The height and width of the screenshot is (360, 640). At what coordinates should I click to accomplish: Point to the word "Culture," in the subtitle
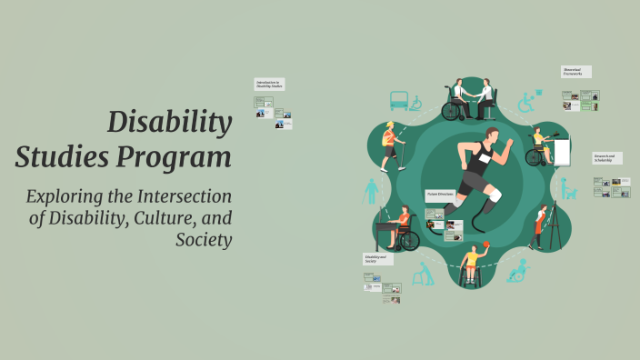(x=166, y=218)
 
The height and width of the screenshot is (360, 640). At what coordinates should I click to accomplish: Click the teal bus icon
(x=399, y=100)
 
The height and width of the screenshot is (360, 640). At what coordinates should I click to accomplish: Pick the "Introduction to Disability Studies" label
(x=269, y=84)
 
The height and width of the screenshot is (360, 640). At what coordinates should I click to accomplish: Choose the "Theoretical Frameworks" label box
(x=576, y=72)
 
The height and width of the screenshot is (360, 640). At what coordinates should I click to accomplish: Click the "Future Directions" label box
(x=440, y=194)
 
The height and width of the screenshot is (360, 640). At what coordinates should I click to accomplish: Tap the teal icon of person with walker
(x=423, y=274)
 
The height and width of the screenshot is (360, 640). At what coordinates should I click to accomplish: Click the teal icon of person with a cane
(x=372, y=191)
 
